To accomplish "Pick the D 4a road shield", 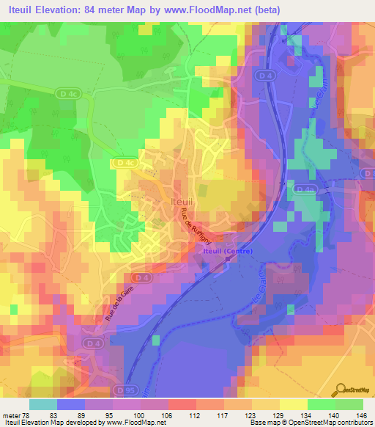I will tap(305, 189).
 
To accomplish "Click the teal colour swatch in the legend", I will tap(44, 404).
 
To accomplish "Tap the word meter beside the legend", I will tap(12, 415).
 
